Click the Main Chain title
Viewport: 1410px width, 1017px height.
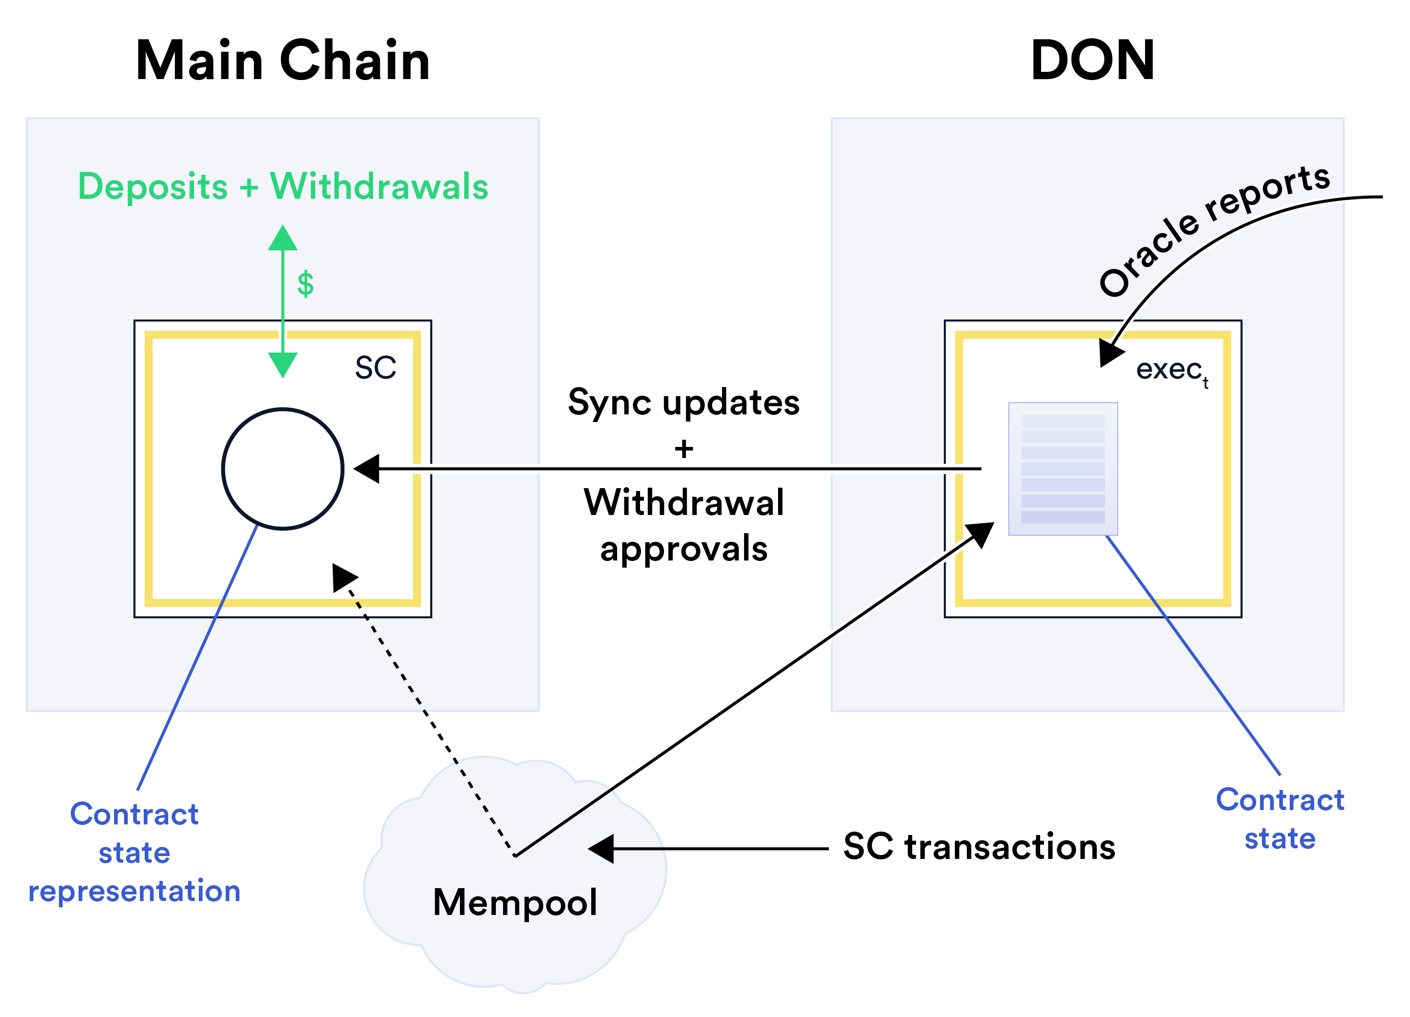coord(283,60)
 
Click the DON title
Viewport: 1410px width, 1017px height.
coord(1092,60)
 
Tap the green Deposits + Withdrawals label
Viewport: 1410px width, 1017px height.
coord(283,186)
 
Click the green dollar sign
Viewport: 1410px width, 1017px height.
coord(305,284)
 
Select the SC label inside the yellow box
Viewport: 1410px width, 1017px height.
coord(376,367)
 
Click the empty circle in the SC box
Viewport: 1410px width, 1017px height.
coord(283,469)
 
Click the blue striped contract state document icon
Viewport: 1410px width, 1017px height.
coord(1063,469)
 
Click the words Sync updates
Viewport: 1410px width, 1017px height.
coord(683,402)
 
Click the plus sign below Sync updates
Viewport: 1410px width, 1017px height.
coord(683,448)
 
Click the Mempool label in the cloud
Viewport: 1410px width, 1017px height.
coord(515,902)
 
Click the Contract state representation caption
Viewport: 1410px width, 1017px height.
coord(134,852)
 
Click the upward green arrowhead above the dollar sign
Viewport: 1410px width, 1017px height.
coord(283,239)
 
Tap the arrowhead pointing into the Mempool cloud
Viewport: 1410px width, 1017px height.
coord(601,848)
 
